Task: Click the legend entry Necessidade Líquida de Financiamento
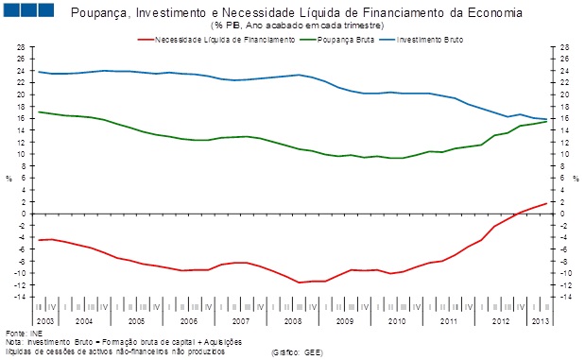(215, 40)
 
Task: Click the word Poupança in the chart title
(99, 12)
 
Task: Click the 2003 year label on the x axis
(45, 321)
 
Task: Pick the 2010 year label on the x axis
(394, 321)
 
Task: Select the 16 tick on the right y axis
(565, 118)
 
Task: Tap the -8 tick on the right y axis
(565, 261)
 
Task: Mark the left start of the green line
(38, 111)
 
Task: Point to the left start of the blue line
(38, 72)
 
